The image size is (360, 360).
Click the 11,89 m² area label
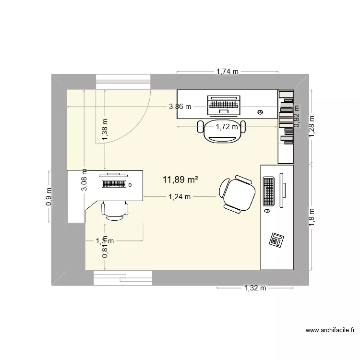pos(181,180)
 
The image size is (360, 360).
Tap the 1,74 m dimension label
pos(227,72)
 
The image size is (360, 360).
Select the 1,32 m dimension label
pos(254,288)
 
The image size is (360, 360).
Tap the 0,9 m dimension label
pos(49,196)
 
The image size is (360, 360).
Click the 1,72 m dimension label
pos(227,127)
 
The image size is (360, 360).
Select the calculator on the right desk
pos(276,239)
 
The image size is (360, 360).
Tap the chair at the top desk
pos(221,131)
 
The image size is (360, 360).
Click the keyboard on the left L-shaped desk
pos(114,184)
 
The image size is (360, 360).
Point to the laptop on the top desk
pos(223,105)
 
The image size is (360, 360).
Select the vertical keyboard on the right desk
pos(269,192)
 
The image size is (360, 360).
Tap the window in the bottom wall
pos(123,277)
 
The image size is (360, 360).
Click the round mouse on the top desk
pos(260,112)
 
